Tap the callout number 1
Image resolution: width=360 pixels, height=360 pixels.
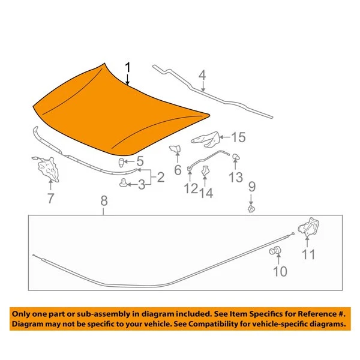coord(127,68)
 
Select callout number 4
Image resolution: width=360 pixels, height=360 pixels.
coord(202,76)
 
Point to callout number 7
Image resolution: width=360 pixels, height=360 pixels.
coord(50,198)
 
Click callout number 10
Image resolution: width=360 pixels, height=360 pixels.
coord(280,272)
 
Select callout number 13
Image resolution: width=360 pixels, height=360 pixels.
coord(236,177)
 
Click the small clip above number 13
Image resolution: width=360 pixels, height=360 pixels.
coord(236,158)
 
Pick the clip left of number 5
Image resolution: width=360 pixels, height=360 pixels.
coord(122,161)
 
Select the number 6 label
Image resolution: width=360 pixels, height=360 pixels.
coord(178,170)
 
